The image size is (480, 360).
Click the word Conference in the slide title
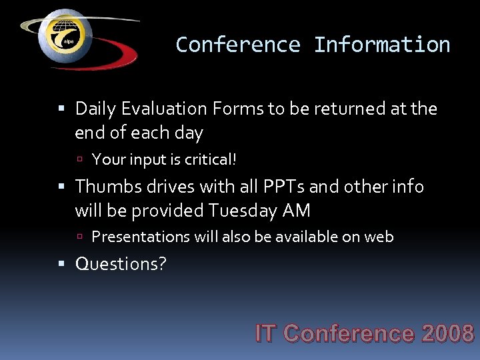238,45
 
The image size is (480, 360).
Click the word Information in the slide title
382,45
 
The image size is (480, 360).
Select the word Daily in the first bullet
95,108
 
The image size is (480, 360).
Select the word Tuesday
243,211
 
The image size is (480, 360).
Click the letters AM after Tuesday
297,211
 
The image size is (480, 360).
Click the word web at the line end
379,237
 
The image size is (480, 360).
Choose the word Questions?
121,264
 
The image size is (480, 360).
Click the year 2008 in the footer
447,333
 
